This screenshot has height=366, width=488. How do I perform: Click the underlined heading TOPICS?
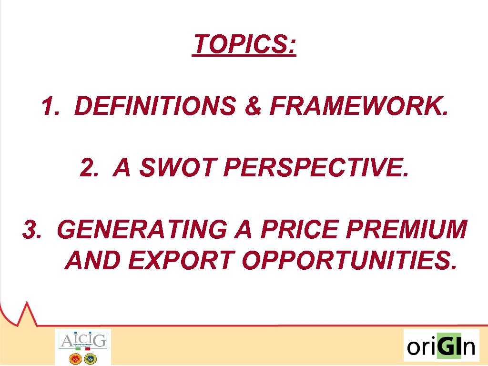pyautogui.click(x=244, y=45)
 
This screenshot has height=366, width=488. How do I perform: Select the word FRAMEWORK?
pyautogui.click(x=359, y=106)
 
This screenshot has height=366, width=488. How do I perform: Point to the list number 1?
pyautogui.click(x=50, y=106)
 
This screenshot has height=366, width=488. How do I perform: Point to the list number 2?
pyautogui.click(x=88, y=168)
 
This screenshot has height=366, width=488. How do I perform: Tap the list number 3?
pyautogui.click(x=31, y=230)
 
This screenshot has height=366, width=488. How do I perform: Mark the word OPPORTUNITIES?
pyautogui.click(x=348, y=260)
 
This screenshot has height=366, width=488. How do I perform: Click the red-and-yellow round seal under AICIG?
pyautogui.click(x=75, y=357)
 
